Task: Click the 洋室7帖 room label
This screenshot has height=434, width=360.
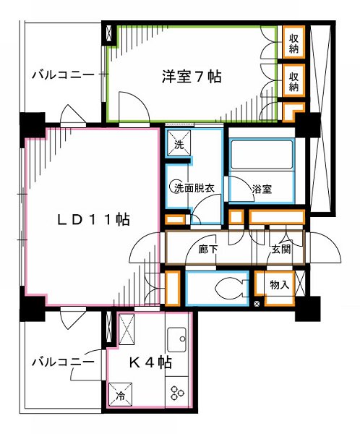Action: tap(191, 75)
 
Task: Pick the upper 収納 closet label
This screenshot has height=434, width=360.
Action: tap(294, 44)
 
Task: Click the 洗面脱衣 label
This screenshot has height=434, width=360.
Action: tap(192, 188)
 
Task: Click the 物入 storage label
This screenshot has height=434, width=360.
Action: tap(279, 286)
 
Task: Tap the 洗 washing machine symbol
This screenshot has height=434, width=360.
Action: tap(180, 144)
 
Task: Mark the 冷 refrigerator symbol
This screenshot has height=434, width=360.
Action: tap(121, 395)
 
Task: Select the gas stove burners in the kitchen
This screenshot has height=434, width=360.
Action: tap(176, 392)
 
